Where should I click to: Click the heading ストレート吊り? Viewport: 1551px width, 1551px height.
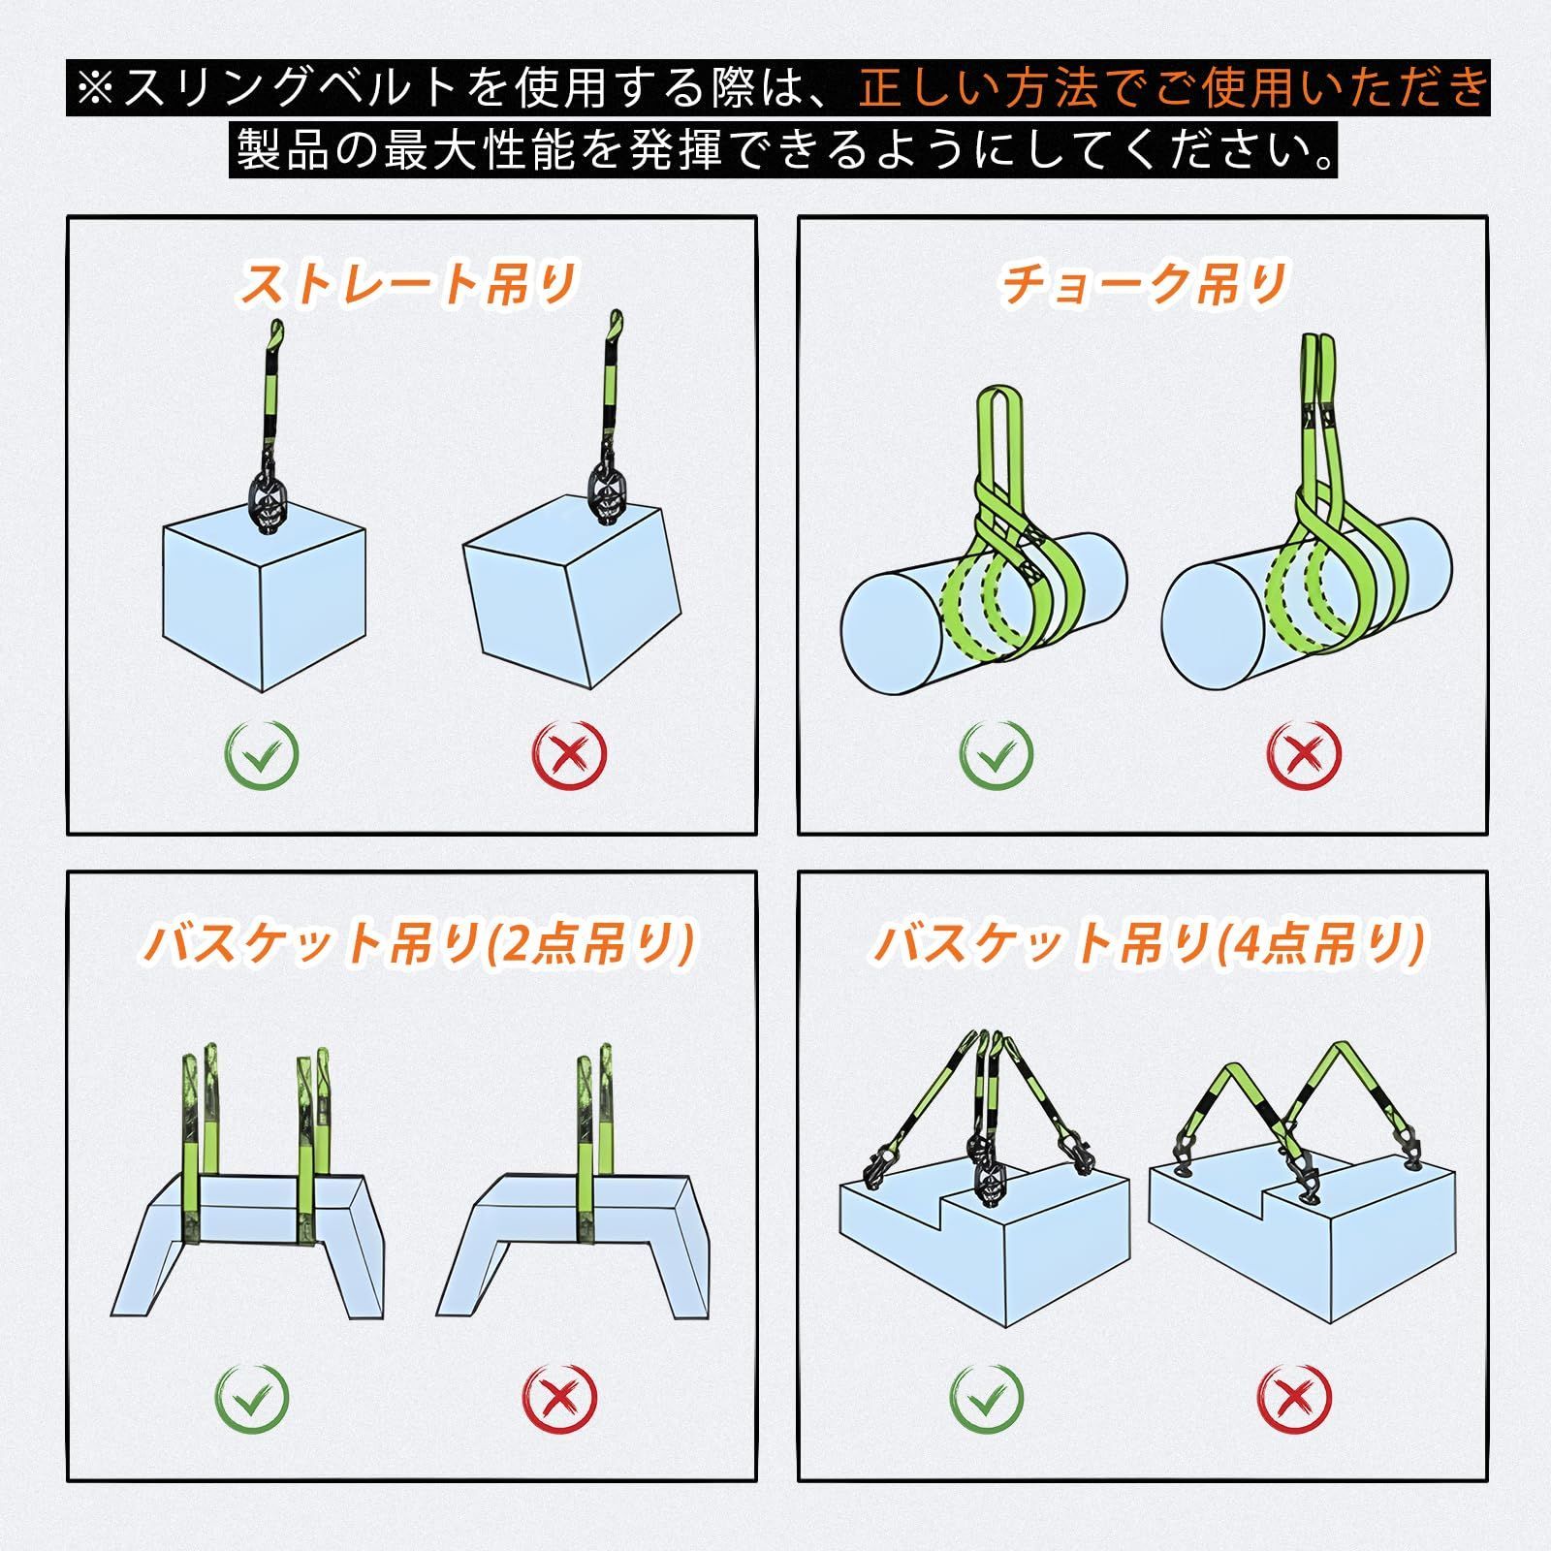tap(409, 284)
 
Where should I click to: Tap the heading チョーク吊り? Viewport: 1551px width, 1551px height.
tap(1143, 284)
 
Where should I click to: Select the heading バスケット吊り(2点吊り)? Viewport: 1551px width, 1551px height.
tap(419, 942)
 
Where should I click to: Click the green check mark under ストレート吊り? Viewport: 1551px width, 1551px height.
tap(263, 752)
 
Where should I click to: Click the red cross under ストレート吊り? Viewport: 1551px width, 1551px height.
tap(570, 752)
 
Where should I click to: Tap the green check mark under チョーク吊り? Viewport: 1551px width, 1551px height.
tap(997, 752)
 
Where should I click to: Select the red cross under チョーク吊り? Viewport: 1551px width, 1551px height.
tap(1305, 752)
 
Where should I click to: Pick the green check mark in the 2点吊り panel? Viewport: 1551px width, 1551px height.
tap(252, 1397)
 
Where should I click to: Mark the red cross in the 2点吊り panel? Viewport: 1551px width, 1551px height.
tap(559, 1397)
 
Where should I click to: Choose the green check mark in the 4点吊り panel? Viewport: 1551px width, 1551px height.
tap(986, 1397)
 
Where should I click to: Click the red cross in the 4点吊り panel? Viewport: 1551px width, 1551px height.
tap(1294, 1397)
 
